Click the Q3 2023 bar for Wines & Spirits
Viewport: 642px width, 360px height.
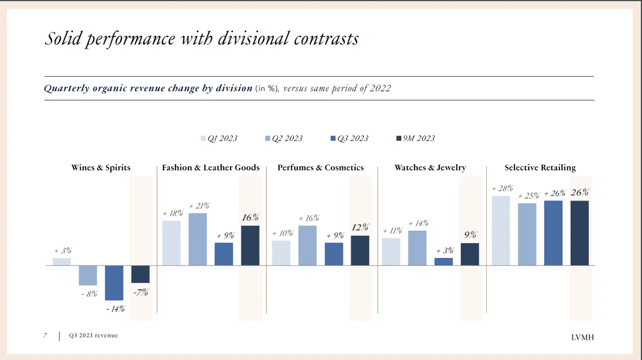114,283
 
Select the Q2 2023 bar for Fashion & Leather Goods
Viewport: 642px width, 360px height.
198,239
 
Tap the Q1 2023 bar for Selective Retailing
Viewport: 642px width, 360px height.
501,230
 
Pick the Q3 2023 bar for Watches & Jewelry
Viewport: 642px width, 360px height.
444,262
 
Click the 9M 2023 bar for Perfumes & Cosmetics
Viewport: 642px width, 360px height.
360,250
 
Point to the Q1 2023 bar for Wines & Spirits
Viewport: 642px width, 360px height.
62,262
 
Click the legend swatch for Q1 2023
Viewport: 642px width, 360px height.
203,139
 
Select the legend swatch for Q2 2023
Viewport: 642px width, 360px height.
267,139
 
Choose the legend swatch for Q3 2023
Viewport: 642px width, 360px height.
333,139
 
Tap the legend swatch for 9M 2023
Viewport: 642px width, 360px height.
399,139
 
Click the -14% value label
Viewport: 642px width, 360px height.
115,309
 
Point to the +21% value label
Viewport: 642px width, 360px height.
199,206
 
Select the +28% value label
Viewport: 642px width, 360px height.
502,188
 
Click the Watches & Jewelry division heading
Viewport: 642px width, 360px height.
430,168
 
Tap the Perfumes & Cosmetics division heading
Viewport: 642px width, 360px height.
321,168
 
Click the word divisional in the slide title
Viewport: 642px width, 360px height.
254,39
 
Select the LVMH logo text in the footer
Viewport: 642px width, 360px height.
582,337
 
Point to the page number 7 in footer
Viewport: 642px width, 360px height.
45,335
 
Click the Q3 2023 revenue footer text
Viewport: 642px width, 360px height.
94,335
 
